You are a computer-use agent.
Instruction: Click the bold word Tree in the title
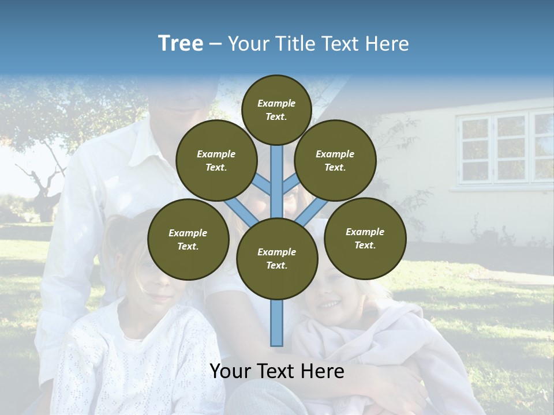tap(181, 44)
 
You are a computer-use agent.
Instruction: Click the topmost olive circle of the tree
tap(276, 110)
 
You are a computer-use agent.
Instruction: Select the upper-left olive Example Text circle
tap(216, 161)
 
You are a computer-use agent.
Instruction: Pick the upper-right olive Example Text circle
tap(335, 161)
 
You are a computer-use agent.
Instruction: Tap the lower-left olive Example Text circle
tap(188, 240)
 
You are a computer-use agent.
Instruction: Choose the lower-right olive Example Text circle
tap(365, 239)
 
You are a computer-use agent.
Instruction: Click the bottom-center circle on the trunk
tap(277, 259)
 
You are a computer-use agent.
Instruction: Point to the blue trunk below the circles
tap(277, 323)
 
